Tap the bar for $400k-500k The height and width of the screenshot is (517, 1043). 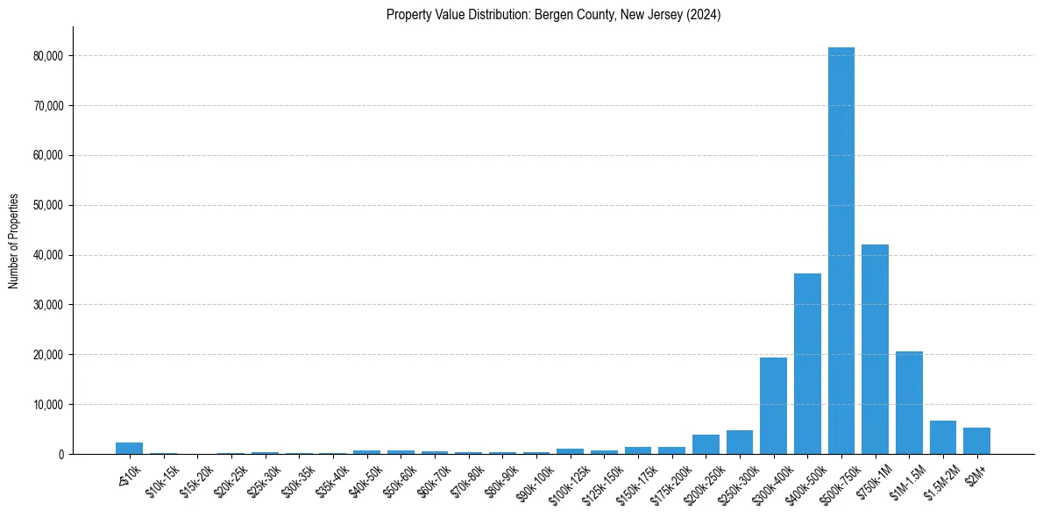807,364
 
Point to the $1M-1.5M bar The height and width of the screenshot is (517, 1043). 909,403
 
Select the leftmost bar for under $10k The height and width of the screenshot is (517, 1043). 129,448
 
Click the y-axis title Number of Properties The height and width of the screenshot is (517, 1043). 14,241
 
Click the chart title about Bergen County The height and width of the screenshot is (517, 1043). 553,15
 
